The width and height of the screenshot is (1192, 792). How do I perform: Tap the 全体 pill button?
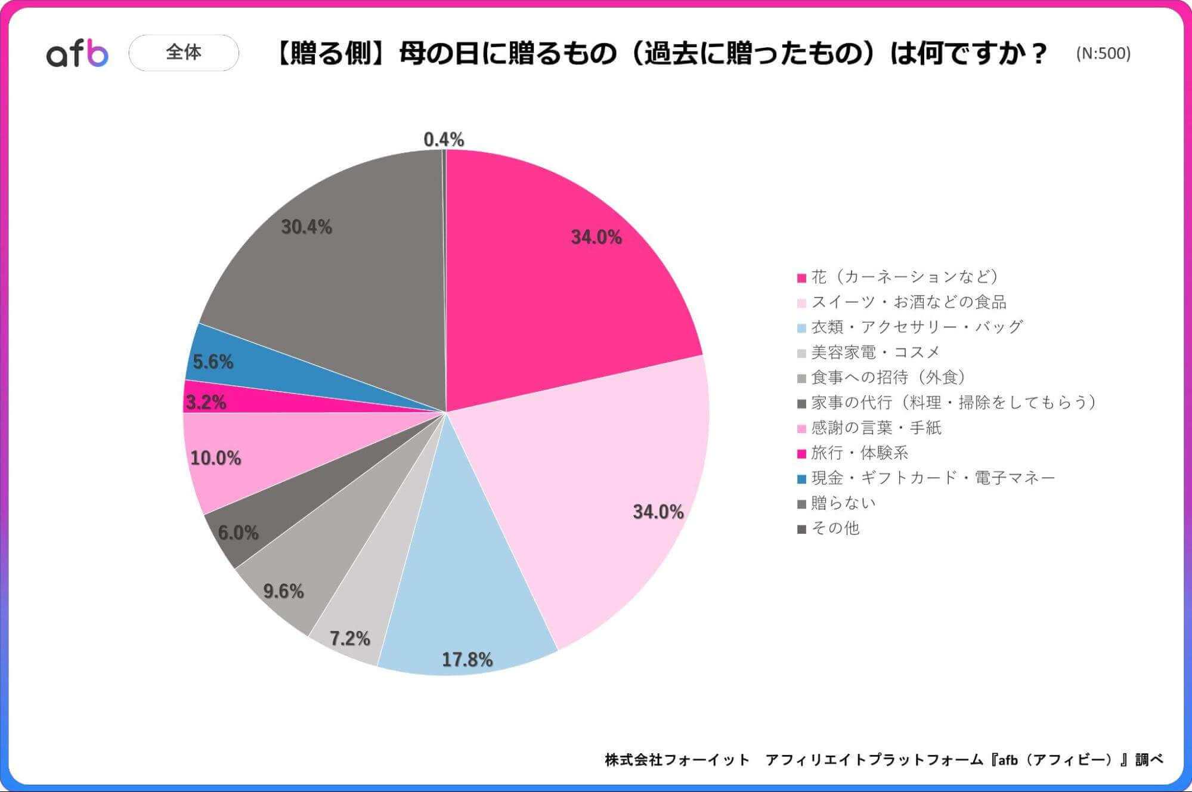pyautogui.click(x=184, y=52)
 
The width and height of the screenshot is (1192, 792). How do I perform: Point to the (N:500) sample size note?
pyautogui.click(x=1103, y=54)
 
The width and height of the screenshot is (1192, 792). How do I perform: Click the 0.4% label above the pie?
pyautogui.click(x=444, y=140)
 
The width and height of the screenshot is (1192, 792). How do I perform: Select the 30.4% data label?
pyautogui.click(x=306, y=227)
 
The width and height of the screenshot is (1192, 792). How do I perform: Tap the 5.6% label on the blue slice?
pyautogui.click(x=213, y=361)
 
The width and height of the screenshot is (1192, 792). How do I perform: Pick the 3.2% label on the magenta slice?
pyautogui.click(x=206, y=403)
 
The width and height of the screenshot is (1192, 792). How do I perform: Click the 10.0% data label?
pyautogui.click(x=215, y=458)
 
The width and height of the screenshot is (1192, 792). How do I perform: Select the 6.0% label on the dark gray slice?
pyautogui.click(x=238, y=533)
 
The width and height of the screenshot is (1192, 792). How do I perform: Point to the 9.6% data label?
pyautogui.click(x=283, y=591)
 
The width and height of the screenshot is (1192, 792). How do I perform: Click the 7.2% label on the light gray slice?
pyautogui.click(x=350, y=639)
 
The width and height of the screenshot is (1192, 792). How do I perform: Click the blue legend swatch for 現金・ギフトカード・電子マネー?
pyautogui.click(x=801, y=479)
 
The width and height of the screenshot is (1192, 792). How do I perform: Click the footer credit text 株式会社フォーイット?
pyautogui.click(x=677, y=760)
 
